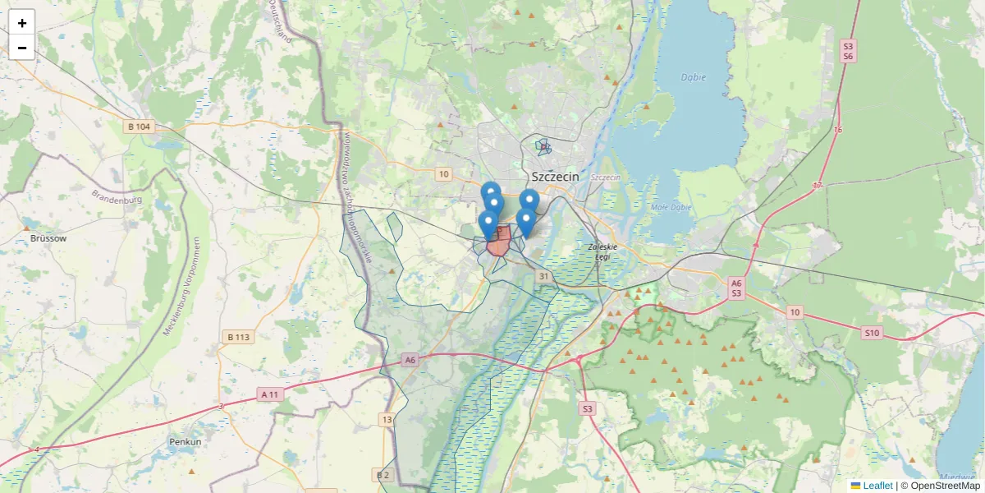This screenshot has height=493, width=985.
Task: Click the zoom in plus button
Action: (x=22, y=23)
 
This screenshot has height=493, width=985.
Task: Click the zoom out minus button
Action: (x=22, y=48)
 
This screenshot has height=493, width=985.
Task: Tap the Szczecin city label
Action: (x=556, y=177)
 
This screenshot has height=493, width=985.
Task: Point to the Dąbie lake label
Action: (x=693, y=77)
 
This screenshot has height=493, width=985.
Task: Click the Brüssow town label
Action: (x=48, y=238)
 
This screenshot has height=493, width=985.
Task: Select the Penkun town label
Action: (x=185, y=442)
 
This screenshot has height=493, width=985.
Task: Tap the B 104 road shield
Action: (x=140, y=127)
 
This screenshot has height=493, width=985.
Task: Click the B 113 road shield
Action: (x=237, y=337)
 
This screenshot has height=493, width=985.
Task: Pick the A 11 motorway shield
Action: (x=270, y=394)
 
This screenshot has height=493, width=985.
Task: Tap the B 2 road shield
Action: (x=383, y=475)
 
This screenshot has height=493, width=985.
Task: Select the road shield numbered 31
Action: (x=543, y=277)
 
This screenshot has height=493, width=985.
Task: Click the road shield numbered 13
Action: (x=387, y=420)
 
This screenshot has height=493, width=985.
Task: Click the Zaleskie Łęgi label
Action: (x=602, y=251)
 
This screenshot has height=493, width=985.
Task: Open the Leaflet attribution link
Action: (x=877, y=486)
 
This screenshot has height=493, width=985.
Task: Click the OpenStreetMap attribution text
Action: (x=945, y=486)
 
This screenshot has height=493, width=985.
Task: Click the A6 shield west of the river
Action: (x=410, y=359)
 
